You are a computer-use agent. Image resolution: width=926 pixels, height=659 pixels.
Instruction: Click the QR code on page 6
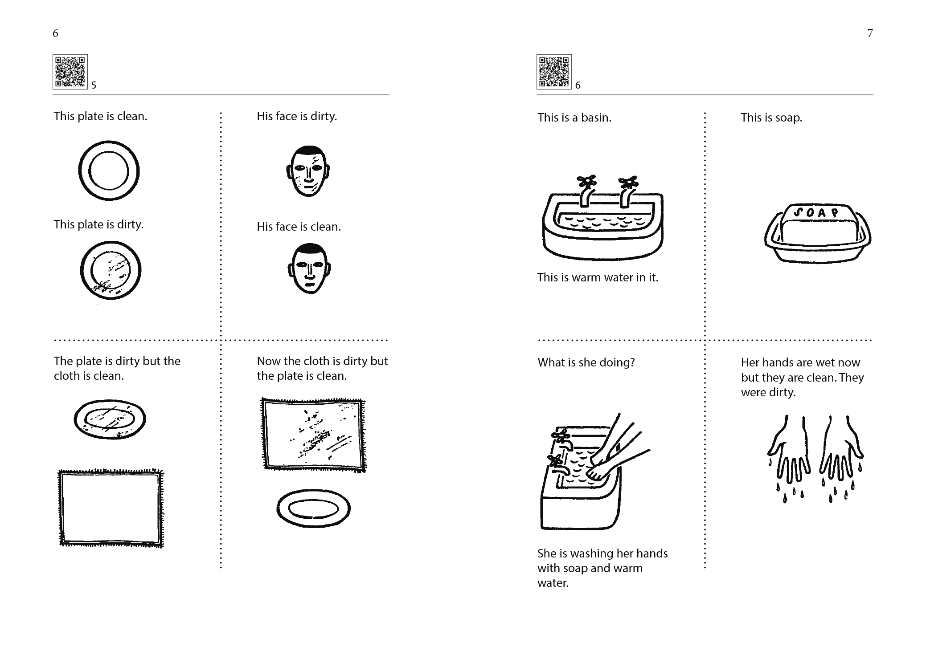[70, 72]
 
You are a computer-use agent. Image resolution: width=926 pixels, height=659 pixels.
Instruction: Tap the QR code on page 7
[554, 72]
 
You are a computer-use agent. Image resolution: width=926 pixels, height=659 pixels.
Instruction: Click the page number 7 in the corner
[870, 33]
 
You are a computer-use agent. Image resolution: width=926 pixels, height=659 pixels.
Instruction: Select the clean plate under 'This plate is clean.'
[109, 171]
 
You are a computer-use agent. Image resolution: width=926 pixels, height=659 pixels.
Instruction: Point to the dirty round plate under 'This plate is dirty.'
[111, 270]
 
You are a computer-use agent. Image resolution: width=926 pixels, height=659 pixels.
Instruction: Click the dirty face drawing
[308, 171]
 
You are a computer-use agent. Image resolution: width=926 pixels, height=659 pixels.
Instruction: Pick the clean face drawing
[309, 268]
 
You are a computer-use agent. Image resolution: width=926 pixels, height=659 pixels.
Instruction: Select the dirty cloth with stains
[313, 435]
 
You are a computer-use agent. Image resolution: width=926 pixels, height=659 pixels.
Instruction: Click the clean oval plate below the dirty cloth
[313, 508]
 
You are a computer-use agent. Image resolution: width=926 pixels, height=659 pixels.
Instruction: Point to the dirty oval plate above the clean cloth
[110, 419]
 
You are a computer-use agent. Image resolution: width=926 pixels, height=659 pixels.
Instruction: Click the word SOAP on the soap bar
[816, 212]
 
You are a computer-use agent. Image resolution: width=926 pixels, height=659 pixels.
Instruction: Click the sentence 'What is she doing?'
[586, 362]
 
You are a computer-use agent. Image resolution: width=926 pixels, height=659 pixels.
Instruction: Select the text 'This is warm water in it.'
[598, 277]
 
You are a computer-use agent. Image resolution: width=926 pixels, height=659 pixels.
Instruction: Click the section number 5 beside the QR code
[94, 85]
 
